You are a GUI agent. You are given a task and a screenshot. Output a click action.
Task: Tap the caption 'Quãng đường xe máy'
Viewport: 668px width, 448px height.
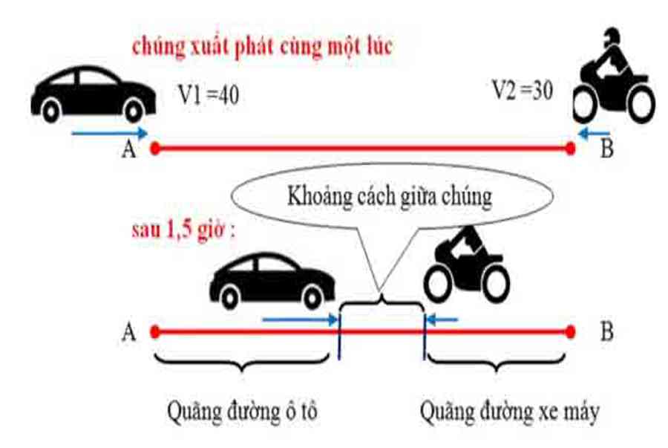click(x=509, y=411)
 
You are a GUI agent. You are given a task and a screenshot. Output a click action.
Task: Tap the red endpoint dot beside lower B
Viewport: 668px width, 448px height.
click(x=570, y=331)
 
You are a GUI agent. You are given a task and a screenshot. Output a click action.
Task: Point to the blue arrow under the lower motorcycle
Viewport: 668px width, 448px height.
click(x=442, y=321)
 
